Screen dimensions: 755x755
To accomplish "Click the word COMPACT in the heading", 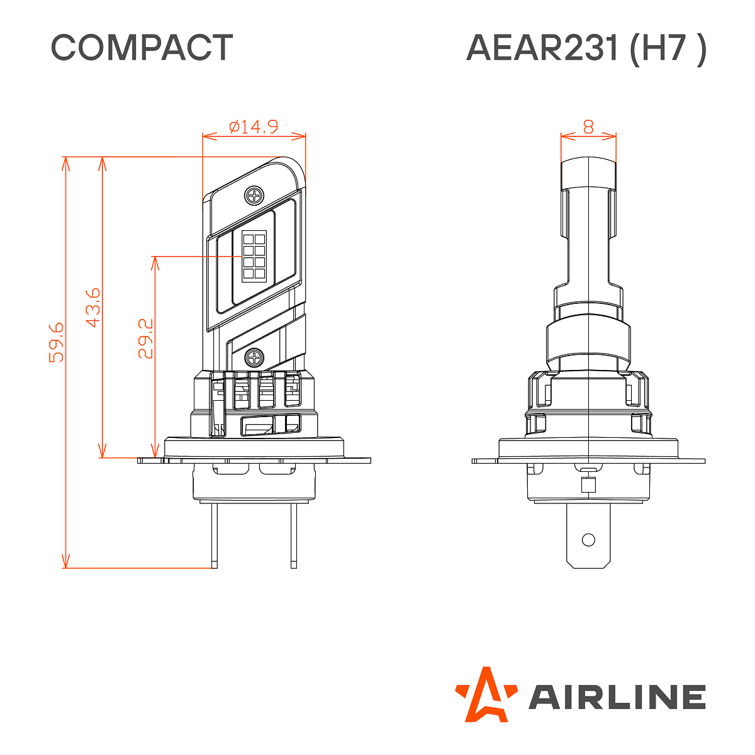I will (142, 48).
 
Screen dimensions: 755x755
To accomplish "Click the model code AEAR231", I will (542, 48).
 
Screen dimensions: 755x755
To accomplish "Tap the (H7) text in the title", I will (668, 48).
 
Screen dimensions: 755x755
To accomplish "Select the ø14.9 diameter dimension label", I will (254, 126).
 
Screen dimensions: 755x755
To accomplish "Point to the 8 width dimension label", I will (588, 126).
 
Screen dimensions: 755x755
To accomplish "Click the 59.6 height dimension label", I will (57, 342).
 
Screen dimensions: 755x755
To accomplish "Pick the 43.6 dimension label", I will (92, 308).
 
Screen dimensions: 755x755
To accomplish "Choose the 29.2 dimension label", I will (145, 338).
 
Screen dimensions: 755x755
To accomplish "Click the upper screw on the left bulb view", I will (255, 195).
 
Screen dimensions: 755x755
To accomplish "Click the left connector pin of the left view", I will (215, 535).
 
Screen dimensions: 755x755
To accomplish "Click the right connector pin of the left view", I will (294, 535).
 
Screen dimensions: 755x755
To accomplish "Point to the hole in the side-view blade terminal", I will (588, 540).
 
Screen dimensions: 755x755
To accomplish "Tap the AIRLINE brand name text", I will (617, 697).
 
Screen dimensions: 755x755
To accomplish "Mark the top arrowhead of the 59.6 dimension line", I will (65, 162).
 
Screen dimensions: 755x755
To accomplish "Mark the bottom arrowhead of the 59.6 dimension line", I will (65, 562).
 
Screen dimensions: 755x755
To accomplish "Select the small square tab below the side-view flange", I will (588, 485).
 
